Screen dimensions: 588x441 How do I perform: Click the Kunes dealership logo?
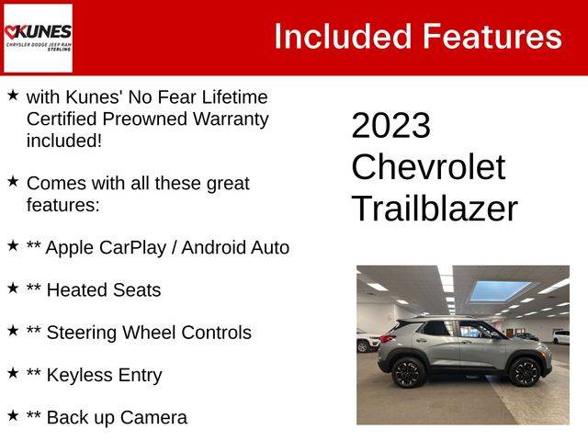[38, 38]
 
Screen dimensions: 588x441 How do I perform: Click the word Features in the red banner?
[492, 37]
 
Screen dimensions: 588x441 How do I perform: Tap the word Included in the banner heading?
[343, 37]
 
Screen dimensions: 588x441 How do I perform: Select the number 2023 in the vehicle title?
[390, 125]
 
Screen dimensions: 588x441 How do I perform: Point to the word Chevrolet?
[428, 166]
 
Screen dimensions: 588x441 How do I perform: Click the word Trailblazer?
[435, 209]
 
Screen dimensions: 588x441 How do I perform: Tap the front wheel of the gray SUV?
[525, 371]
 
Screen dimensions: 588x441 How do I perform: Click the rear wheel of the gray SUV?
[408, 372]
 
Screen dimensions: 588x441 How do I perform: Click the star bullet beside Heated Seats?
[13, 288]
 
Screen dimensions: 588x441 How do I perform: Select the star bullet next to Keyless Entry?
[13, 373]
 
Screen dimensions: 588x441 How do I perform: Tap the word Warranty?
[231, 119]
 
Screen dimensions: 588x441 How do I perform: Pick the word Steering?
[82, 333]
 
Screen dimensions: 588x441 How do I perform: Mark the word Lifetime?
[235, 97]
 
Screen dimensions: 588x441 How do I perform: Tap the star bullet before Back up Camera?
[13, 415]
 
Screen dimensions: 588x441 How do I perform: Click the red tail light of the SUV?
[388, 339]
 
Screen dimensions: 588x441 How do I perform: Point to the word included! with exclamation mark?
[64, 141]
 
